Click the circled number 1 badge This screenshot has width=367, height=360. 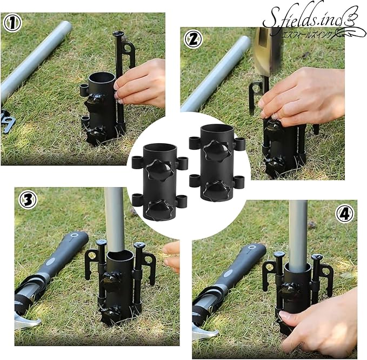12,23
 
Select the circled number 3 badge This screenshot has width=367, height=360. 28,200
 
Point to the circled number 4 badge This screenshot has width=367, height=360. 345,214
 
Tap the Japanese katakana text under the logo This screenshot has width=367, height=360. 307,35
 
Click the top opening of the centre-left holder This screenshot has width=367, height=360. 159,149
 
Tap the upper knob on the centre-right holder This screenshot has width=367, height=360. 216,150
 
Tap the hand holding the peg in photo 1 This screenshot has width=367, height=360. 140,83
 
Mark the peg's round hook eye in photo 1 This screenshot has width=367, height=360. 128,48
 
